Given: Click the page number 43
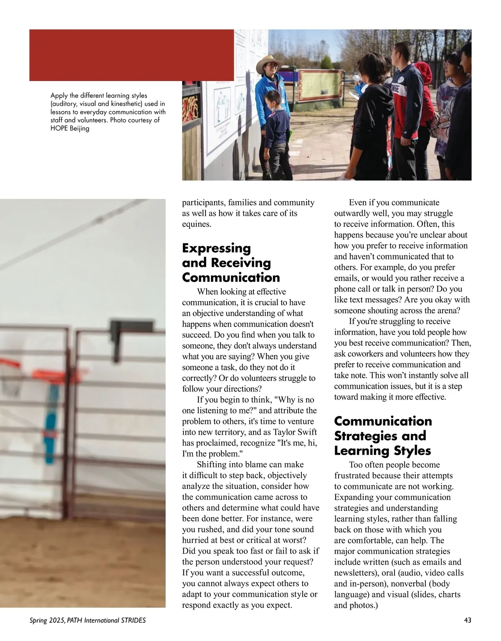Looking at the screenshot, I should (x=468, y=620).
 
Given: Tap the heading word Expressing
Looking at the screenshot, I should (x=216, y=248).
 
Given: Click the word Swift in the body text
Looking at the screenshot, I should (x=306, y=432).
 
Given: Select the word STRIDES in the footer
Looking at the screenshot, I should (x=133, y=621).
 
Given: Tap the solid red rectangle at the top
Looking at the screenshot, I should (x=131, y=55).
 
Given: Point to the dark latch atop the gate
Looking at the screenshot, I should (x=125, y=330).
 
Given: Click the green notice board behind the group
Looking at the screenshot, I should (x=321, y=86).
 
